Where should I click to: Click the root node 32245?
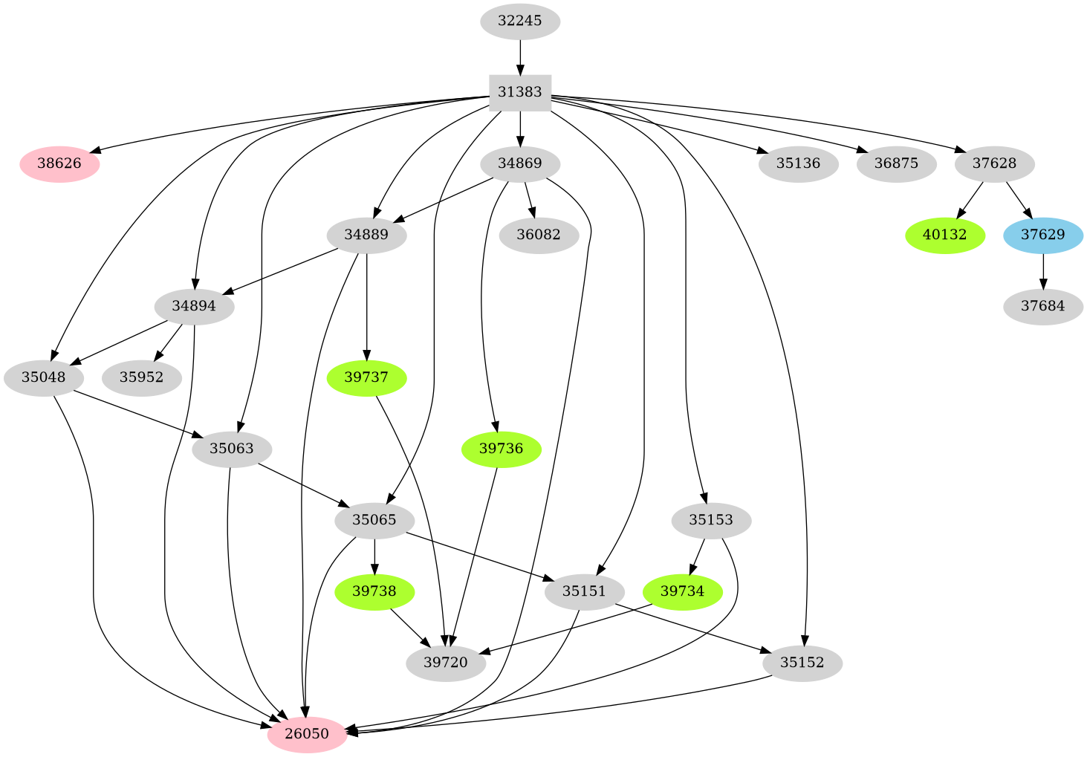pyautogui.click(x=519, y=21)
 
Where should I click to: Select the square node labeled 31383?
pyautogui.click(x=519, y=92)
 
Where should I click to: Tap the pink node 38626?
pyautogui.click(x=59, y=163)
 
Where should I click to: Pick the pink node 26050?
pyautogui.click(x=307, y=734)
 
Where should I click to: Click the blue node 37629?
pyautogui.click(x=1042, y=235)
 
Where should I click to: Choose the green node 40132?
pyautogui.click(x=944, y=235)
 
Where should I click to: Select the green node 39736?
pyautogui.click(x=501, y=449)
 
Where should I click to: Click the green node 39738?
pyautogui.click(x=374, y=591)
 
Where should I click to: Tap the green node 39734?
pyautogui.click(x=682, y=591)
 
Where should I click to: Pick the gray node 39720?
pyautogui.click(x=446, y=663)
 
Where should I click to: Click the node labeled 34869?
pyautogui.click(x=519, y=163)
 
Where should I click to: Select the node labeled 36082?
pyautogui.click(x=539, y=235)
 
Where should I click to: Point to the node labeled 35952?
pyautogui.click(x=141, y=377)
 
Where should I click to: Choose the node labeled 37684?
pyautogui.click(x=1042, y=306)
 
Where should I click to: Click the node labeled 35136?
pyautogui.click(x=798, y=163)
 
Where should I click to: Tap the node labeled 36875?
pyautogui.click(x=896, y=163)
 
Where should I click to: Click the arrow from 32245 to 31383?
pyautogui.click(x=519, y=56)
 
